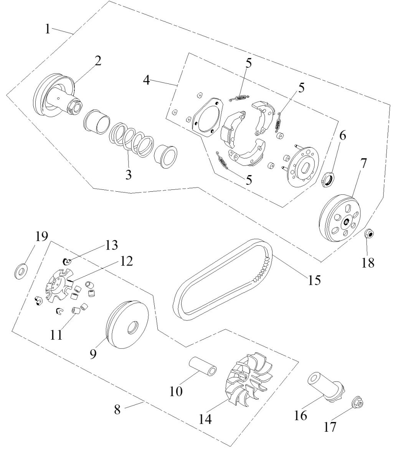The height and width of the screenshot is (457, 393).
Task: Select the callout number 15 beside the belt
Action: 313,279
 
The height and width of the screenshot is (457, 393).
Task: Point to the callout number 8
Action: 117,409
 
